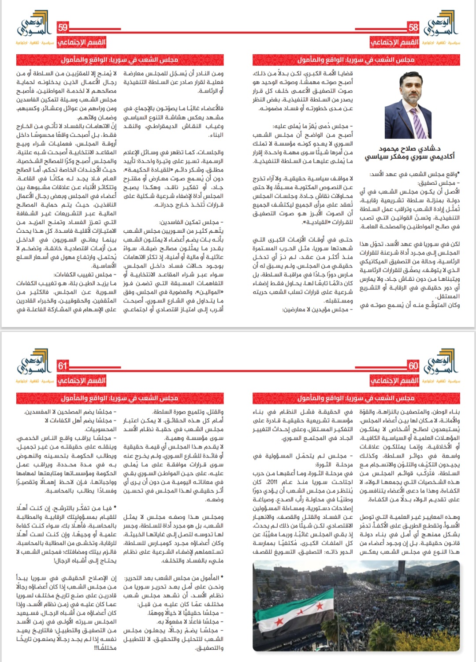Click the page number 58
413,27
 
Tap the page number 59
63,27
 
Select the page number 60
413,365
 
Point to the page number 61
63,365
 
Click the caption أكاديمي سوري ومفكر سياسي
409,156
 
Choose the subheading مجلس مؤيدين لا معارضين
317,309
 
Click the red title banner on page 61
119,398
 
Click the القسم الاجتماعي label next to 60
394,380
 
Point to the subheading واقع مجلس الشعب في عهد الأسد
414,174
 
